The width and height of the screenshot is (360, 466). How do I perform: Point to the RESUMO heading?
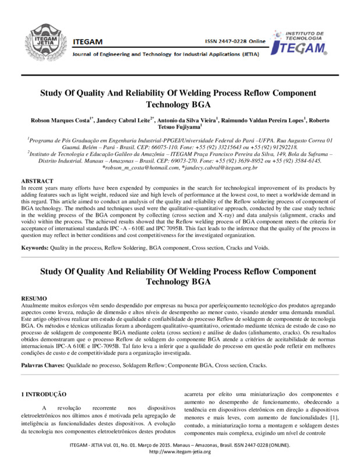click(x=34, y=298)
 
